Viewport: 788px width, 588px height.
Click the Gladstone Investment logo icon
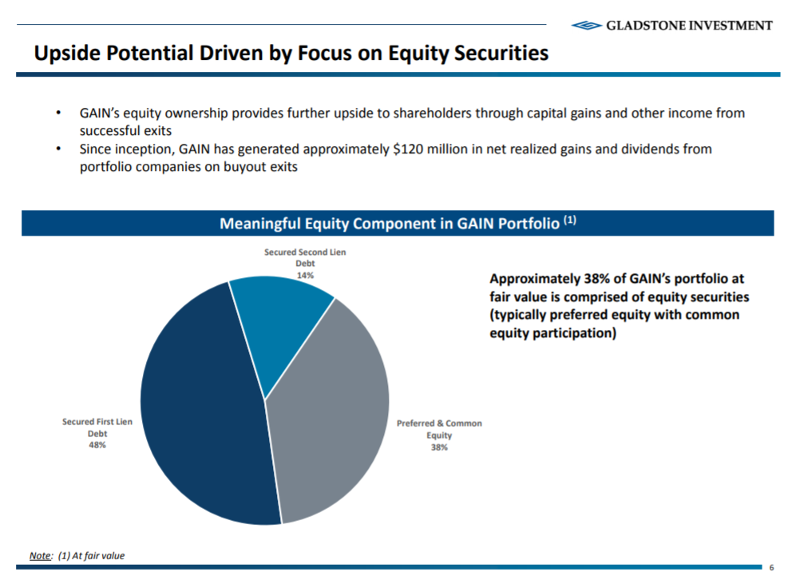tap(587, 26)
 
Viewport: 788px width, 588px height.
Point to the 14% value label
tap(305, 274)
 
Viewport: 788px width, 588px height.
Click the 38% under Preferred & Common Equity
tap(439, 447)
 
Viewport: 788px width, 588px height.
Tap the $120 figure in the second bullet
tap(409, 149)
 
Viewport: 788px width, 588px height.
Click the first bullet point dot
tap(57, 113)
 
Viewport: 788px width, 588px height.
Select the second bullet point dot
tap(57, 149)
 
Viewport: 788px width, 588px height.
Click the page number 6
tap(771, 568)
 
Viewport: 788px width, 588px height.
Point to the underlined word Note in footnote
tap(40, 556)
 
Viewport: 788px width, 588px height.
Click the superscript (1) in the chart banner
tap(569, 220)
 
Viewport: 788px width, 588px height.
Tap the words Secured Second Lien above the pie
tap(305, 252)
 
